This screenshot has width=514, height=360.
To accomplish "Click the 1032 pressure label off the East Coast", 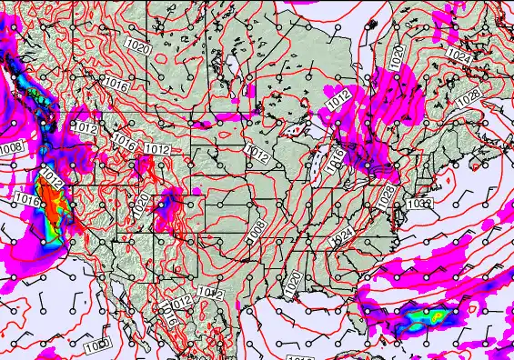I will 420,204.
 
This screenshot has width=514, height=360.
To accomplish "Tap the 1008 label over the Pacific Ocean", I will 11,148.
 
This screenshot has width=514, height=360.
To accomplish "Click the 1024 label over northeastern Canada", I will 461,56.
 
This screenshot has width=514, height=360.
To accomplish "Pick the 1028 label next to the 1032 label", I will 386,195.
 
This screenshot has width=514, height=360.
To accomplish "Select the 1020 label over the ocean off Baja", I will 97,345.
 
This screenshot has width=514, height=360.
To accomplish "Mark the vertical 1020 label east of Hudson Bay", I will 397,56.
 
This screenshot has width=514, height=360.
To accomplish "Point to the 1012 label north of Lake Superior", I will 340,102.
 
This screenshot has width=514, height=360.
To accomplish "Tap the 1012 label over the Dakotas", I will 257,155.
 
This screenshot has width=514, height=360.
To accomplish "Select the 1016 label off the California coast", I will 25,196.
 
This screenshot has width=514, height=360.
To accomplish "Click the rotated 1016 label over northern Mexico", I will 168,317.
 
